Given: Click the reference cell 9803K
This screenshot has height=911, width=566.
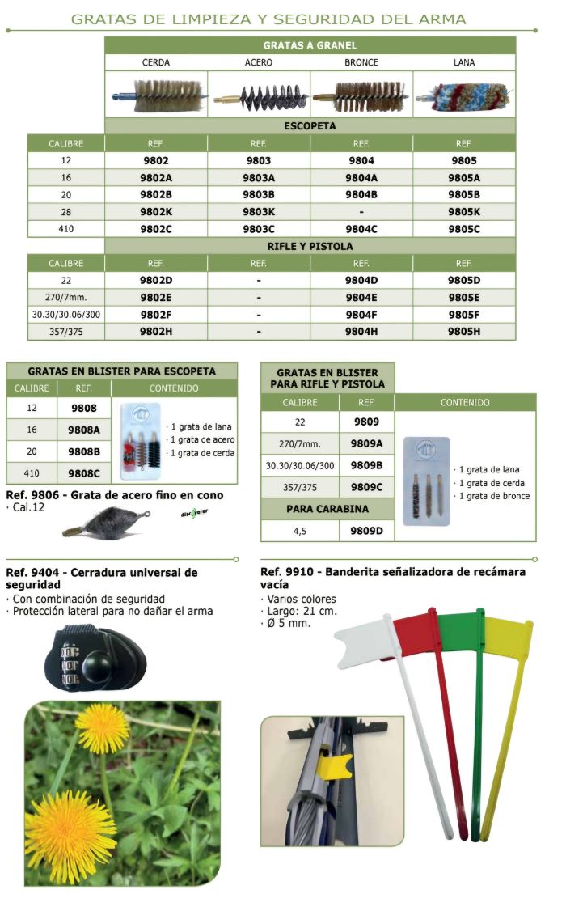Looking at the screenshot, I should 259,212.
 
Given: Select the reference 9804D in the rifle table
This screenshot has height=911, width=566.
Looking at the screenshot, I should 361,280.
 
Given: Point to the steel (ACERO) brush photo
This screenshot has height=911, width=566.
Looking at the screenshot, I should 259,94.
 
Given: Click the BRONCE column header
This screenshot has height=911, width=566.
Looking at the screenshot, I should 361,62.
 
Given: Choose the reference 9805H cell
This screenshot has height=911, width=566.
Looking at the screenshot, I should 464,332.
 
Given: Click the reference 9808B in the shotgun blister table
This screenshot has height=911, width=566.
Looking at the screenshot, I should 84,451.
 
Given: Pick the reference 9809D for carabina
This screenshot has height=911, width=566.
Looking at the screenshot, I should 368,531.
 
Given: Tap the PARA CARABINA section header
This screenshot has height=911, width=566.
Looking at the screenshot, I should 327,509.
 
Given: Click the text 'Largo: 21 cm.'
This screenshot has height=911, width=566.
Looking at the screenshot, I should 299,611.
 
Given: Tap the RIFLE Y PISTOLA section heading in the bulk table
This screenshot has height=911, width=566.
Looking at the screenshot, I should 310,246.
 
